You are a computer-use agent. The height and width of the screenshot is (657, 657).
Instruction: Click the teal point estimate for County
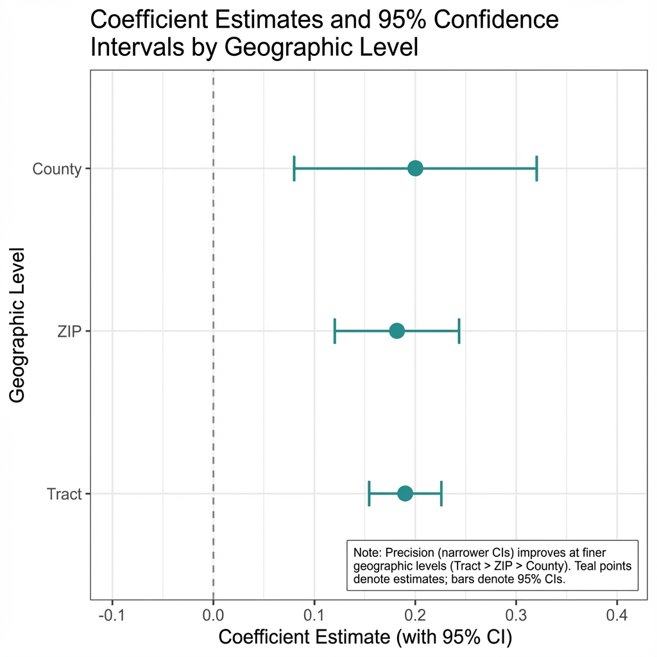point(415,168)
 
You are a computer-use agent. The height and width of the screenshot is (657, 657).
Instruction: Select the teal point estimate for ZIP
point(397,331)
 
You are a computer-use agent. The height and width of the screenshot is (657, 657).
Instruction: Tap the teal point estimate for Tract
point(405,493)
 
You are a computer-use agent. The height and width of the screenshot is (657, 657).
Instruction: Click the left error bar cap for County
point(294,168)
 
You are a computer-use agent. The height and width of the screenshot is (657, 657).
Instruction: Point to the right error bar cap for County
point(536,168)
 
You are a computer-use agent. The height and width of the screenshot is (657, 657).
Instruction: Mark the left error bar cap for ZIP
point(335,331)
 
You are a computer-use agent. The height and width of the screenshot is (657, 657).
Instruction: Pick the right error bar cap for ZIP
point(459,331)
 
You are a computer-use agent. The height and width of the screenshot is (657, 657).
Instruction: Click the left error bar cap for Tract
point(369,493)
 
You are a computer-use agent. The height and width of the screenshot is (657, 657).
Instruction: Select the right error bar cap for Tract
point(441,493)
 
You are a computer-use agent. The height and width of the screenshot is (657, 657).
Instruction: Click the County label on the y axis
point(57,169)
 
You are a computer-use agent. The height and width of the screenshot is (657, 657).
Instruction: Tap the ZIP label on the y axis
point(69,332)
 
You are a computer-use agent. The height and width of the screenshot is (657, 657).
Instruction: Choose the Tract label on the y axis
point(64,495)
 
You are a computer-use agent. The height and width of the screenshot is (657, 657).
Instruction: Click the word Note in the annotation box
point(365,552)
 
